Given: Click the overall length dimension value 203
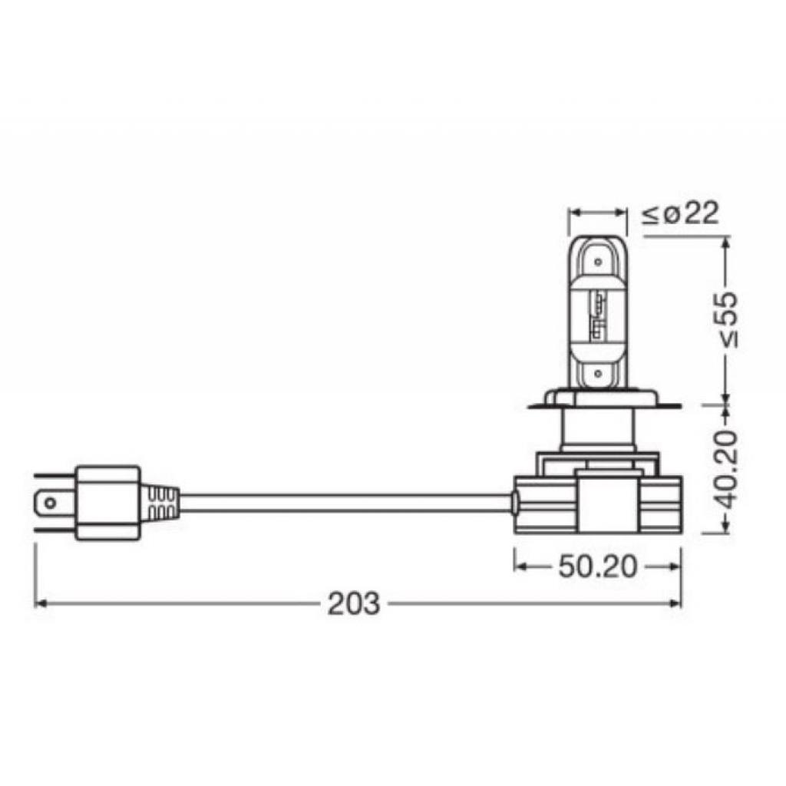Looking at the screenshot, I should pos(353,604).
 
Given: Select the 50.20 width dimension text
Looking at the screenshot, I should pos(597,566).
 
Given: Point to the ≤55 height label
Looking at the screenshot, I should pos(724,319).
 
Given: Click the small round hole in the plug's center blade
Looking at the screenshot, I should pos(49,504).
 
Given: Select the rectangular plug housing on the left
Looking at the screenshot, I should pos(107,504).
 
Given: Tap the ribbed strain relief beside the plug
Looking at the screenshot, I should pos(160,504).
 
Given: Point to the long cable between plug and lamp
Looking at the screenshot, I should pos(345,503).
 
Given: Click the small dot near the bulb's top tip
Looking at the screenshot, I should pos(596,262).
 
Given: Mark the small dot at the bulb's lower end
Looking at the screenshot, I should pos(596,375).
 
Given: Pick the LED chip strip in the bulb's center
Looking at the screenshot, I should pos(596,316).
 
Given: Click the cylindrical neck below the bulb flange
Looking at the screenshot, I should pos(597,430).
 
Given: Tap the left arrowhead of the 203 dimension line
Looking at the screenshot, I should pos(39,603).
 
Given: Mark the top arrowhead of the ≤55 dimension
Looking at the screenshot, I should pos(724,243).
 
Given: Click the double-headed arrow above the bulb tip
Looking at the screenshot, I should pos(596,210).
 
